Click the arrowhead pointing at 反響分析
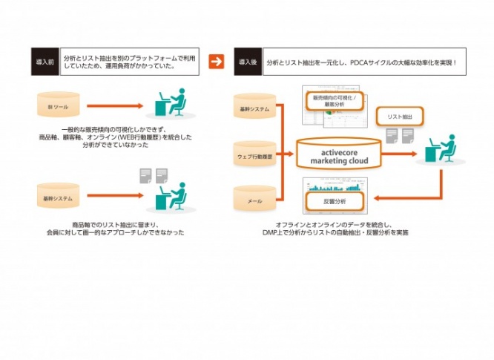tap(375, 197)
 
